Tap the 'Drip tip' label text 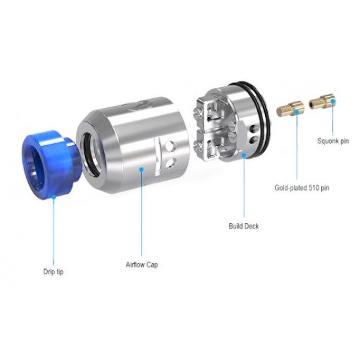(53, 272)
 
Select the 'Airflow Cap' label (141, 264)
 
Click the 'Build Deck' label (243, 226)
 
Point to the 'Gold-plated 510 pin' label (302, 188)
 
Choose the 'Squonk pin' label (333, 141)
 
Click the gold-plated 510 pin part (291, 109)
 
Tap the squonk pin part (322, 101)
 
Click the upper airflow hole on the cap (170, 146)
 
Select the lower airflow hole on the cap (170, 162)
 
